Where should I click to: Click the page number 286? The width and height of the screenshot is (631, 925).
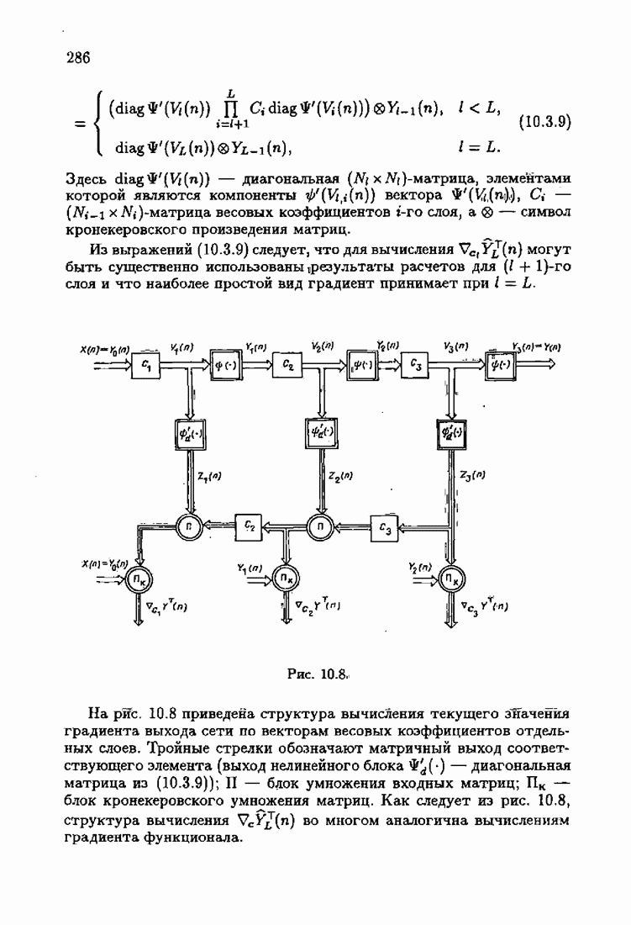click(77, 58)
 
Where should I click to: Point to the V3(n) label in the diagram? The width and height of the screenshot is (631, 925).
click(457, 346)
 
